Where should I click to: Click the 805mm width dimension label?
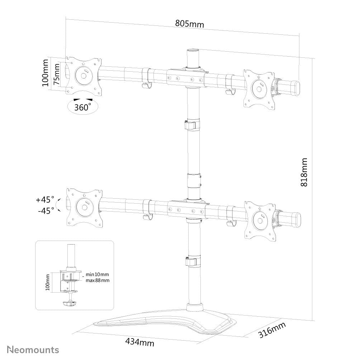click(189, 24)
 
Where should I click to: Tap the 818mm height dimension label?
click(304, 172)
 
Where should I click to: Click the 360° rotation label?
click(82, 107)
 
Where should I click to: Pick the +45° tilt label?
click(45, 199)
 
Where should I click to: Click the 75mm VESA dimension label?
click(56, 75)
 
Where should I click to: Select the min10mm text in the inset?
click(97, 275)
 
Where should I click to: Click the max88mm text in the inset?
click(98, 280)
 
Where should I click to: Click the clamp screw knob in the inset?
click(69, 304)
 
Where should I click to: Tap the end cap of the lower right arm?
click(295, 219)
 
